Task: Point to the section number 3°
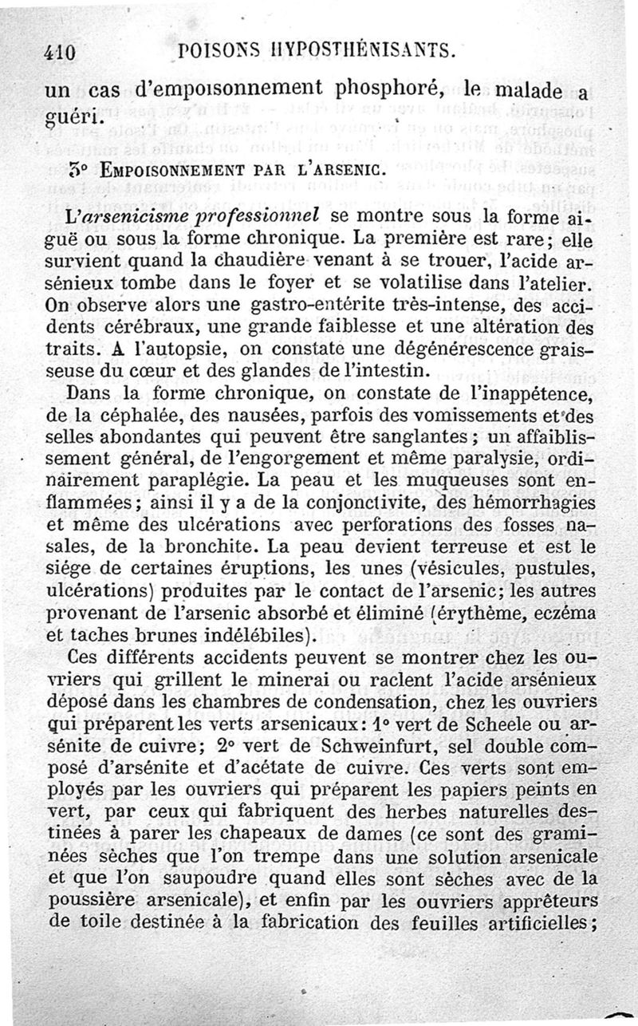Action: (77, 169)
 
